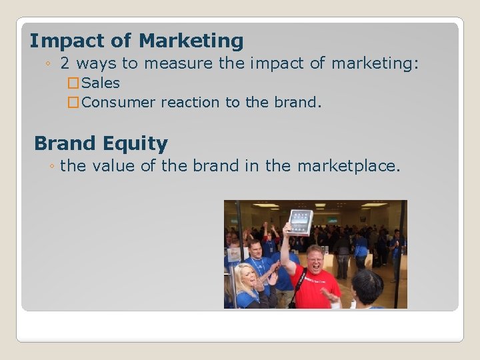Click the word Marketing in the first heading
click(191, 41)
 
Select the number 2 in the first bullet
click(65, 64)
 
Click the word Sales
click(101, 83)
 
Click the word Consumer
click(118, 103)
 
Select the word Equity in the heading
click(140, 144)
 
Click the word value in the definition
click(114, 165)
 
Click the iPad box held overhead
click(300, 221)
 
